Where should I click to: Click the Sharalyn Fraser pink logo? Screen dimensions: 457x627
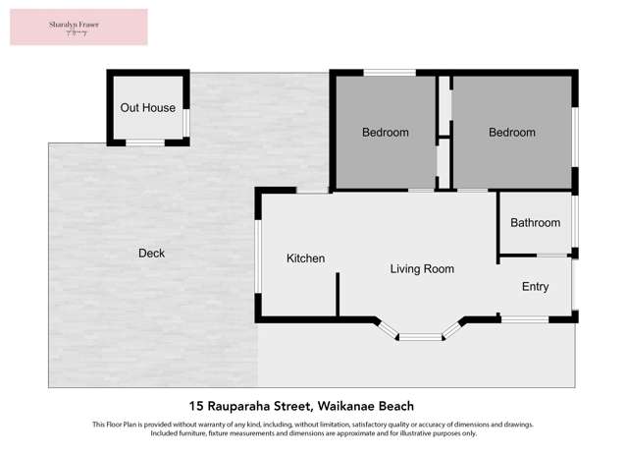coord(78,27)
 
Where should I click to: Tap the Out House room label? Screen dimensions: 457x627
coord(148,108)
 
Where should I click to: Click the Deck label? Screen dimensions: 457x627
coord(151,254)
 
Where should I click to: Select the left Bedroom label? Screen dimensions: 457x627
coord(385,133)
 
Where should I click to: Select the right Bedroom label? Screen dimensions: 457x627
coord(511,133)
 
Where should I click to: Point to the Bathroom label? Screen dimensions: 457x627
coord(535,223)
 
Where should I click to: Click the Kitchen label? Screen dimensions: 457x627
coord(305,258)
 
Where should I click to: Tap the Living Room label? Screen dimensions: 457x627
coord(422,268)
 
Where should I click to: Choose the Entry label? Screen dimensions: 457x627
coord(535,287)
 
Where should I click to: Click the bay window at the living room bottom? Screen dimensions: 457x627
coord(420,337)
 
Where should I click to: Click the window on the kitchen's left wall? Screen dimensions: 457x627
coord(258,255)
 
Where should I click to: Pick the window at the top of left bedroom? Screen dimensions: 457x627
coord(389,72)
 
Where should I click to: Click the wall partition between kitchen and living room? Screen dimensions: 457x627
coord(338,294)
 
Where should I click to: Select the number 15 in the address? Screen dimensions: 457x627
coord(196,406)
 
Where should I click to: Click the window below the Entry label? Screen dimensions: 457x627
coord(525,318)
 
